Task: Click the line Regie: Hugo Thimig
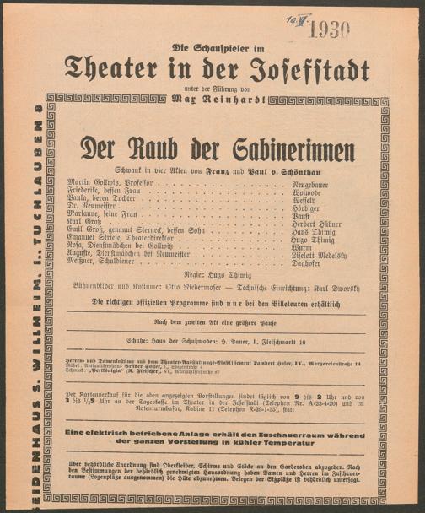tap(217, 275)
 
